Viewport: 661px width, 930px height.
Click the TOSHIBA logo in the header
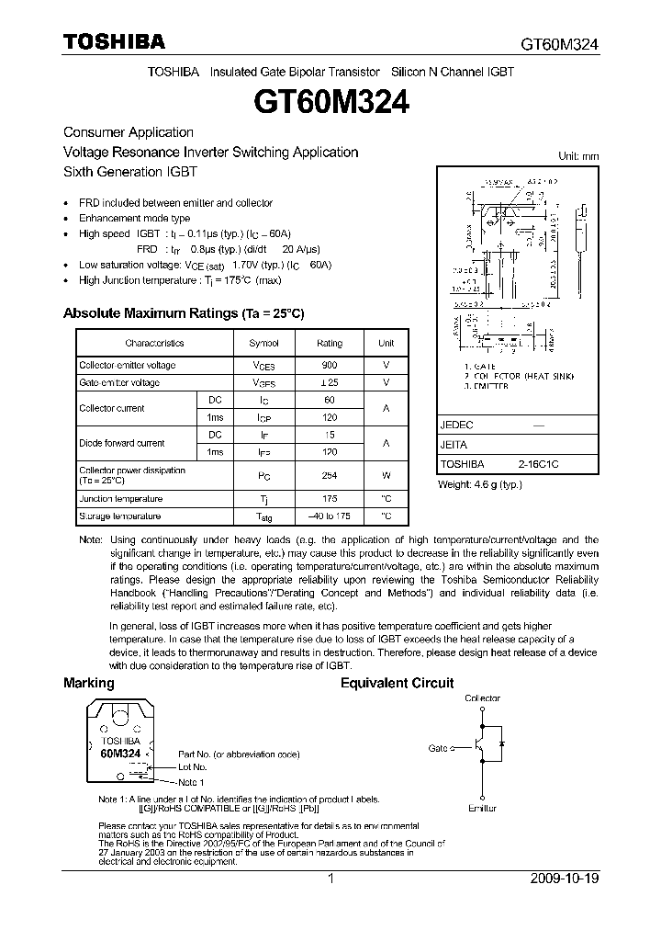tap(114, 41)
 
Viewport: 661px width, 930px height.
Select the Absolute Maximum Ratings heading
tap(184, 314)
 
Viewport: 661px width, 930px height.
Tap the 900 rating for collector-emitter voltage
tap(329, 365)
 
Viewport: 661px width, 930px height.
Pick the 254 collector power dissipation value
tap(329, 476)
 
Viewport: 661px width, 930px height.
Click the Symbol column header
tap(263, 343)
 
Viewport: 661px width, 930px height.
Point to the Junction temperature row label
tap(120, 499)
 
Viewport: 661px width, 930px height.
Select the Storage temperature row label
tap(120, 516)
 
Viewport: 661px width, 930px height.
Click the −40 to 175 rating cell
tap(329, 516)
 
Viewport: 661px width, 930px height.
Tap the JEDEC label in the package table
tap(456, 425)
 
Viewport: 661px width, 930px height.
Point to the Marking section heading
tap(89, 684)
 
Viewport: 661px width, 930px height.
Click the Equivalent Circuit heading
tap(397, 684)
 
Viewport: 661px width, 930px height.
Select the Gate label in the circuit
tap(438, 748)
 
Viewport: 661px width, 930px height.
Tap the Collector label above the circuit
tap(482, 698)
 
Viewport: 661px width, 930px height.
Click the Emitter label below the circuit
tap(481, 809)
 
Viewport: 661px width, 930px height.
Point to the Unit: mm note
tap(578, 156)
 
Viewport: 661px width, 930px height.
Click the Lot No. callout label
tap(192, 766)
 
